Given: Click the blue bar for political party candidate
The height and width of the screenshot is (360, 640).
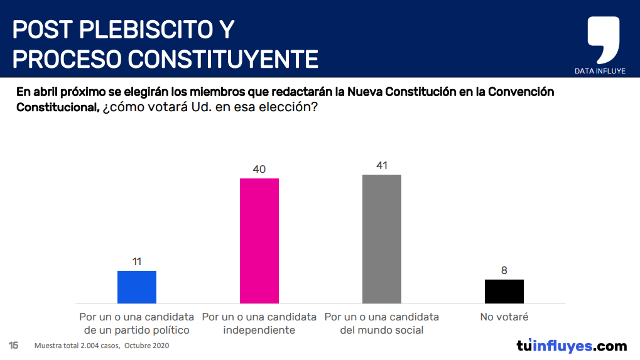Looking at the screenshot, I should pos(137,287).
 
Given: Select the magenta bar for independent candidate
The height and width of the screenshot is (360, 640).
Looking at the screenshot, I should pos(259,241).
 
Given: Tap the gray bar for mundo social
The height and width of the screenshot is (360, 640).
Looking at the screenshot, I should pos(382,239).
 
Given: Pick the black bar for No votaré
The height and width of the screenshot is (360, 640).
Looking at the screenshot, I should pos(504,292).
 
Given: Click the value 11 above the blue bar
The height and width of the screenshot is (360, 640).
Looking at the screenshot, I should pos(137,261).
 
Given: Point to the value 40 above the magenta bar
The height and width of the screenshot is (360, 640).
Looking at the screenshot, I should pos(259,169).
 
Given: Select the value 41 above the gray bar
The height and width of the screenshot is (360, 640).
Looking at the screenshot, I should pos(382,165).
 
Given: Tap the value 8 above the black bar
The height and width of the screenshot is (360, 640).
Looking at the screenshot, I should pos(504,270).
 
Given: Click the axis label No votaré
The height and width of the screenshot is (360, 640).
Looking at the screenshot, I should pos(504,317).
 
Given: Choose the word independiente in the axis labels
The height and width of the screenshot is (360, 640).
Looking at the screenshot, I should pos(259,330).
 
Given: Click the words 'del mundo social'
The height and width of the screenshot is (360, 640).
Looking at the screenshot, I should pos(382,330).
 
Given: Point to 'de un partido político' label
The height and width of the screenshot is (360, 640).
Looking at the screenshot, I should pos(136,330).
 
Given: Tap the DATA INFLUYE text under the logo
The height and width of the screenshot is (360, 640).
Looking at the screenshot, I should pos(600,71).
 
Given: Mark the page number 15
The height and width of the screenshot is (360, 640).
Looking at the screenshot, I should pos(13,346).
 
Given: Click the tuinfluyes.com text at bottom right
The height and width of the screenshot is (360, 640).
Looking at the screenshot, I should pos(571,346).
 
